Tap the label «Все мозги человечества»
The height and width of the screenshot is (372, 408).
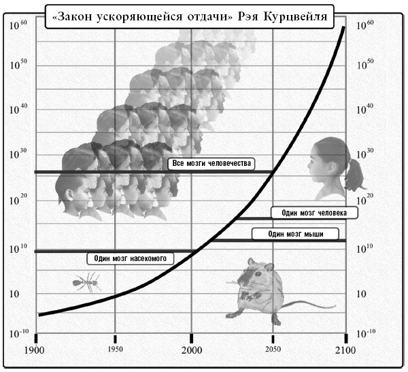click(211, 164)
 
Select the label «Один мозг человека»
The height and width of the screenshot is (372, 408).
click(314, 213)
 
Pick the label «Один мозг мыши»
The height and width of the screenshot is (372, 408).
click(295, 235)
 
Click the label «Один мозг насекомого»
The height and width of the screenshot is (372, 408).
click(131, 258)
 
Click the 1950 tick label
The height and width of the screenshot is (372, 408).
click(115, 350)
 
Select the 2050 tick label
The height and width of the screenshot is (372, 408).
click(272, 350)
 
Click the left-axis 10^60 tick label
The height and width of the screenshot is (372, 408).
click(18, 25)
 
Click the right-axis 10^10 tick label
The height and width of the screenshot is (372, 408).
click(366, 246)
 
